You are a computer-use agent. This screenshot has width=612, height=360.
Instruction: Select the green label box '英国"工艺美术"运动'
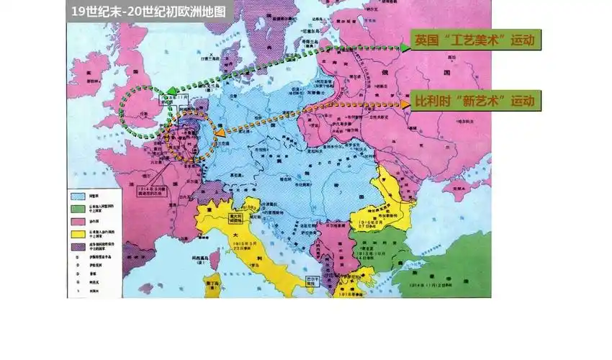pos(475,40)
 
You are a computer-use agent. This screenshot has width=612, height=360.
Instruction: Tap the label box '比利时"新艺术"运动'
pos(475,102)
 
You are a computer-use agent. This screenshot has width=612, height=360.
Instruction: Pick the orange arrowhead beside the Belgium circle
pos(218,132)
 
